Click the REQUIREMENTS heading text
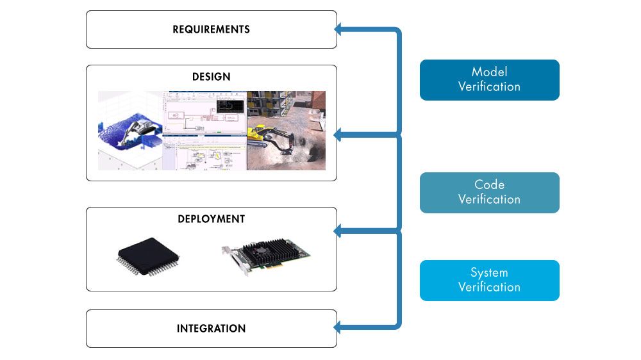[x=211, y=29]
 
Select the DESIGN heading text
[x=211, y=77]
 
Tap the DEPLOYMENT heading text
[x=211, y=219]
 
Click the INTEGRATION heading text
[x=211, y=329]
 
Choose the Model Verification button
[x=489, y=80]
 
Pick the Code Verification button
[x=489, y=192]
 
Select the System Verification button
[x=489, y=280]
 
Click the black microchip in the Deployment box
[x=146, y=257]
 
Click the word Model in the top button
[x=489, y=72]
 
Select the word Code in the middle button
[x=489, y=184]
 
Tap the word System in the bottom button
[x=489, y=272]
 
